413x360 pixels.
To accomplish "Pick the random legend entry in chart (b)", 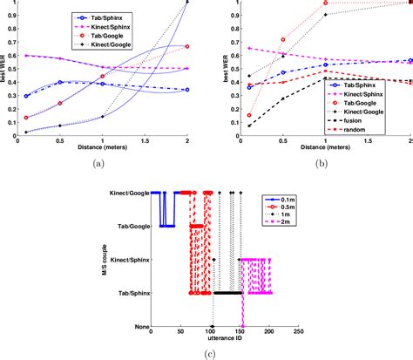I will pyautogui.click(x=357, y=129).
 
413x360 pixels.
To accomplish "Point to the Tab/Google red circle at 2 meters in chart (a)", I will pyautogui.click(x=186, y=46).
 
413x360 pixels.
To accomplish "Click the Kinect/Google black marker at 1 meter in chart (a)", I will pyautogui.click(x=102, y=116).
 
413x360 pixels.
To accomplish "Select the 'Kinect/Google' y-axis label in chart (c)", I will pyautogui.click(x=126, y=192).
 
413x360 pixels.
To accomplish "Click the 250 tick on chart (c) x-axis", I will pyautogui.click(x=298, y=333).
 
